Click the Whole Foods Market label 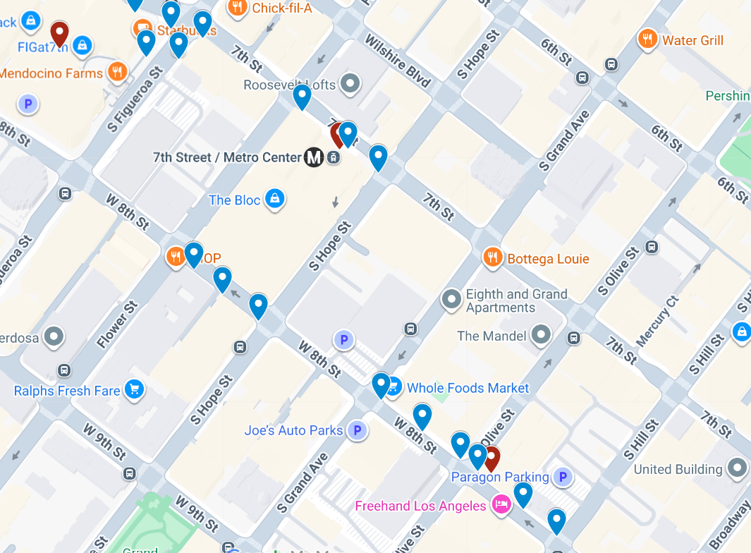[468, 388]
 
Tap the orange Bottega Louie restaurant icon [492, 258]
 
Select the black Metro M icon [314, 157]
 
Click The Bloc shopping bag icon [275, 200]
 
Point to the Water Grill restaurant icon [647, 39]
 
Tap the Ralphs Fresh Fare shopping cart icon [134, 389]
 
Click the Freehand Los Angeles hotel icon [501, 506]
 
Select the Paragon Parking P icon [562, 478]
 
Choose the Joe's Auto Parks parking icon [357, 430]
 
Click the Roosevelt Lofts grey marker [350, 85]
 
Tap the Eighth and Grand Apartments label [516, 301]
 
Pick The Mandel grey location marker [542, 334]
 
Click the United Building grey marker [738, 468]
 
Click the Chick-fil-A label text [281, 8]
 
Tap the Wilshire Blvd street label [397, 61]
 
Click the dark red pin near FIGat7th [60, 32]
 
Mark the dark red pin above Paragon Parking [491, 457]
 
